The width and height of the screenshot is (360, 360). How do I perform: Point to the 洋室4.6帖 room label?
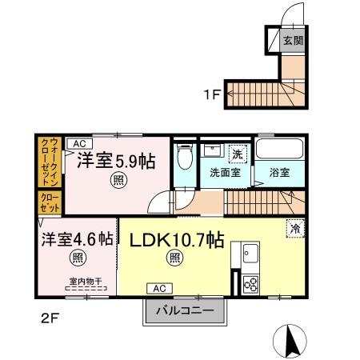point(78,239)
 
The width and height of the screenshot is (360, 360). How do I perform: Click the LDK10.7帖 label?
point(174,239)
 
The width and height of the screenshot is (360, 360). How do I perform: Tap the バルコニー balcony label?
point(185,310)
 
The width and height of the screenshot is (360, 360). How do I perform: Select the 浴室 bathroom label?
point(278,171)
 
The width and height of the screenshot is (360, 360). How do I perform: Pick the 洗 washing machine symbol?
point(237,153)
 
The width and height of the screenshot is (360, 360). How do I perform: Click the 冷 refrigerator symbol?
point(295,228)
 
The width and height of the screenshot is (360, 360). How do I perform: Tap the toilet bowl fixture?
point(183,157)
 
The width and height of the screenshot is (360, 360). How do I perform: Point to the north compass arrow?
point(291,342)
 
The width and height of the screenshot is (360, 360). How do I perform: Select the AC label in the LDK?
point(158,287)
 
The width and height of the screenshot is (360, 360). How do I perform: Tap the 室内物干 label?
point(78,279)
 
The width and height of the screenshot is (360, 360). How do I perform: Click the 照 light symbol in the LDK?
point(174,258)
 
